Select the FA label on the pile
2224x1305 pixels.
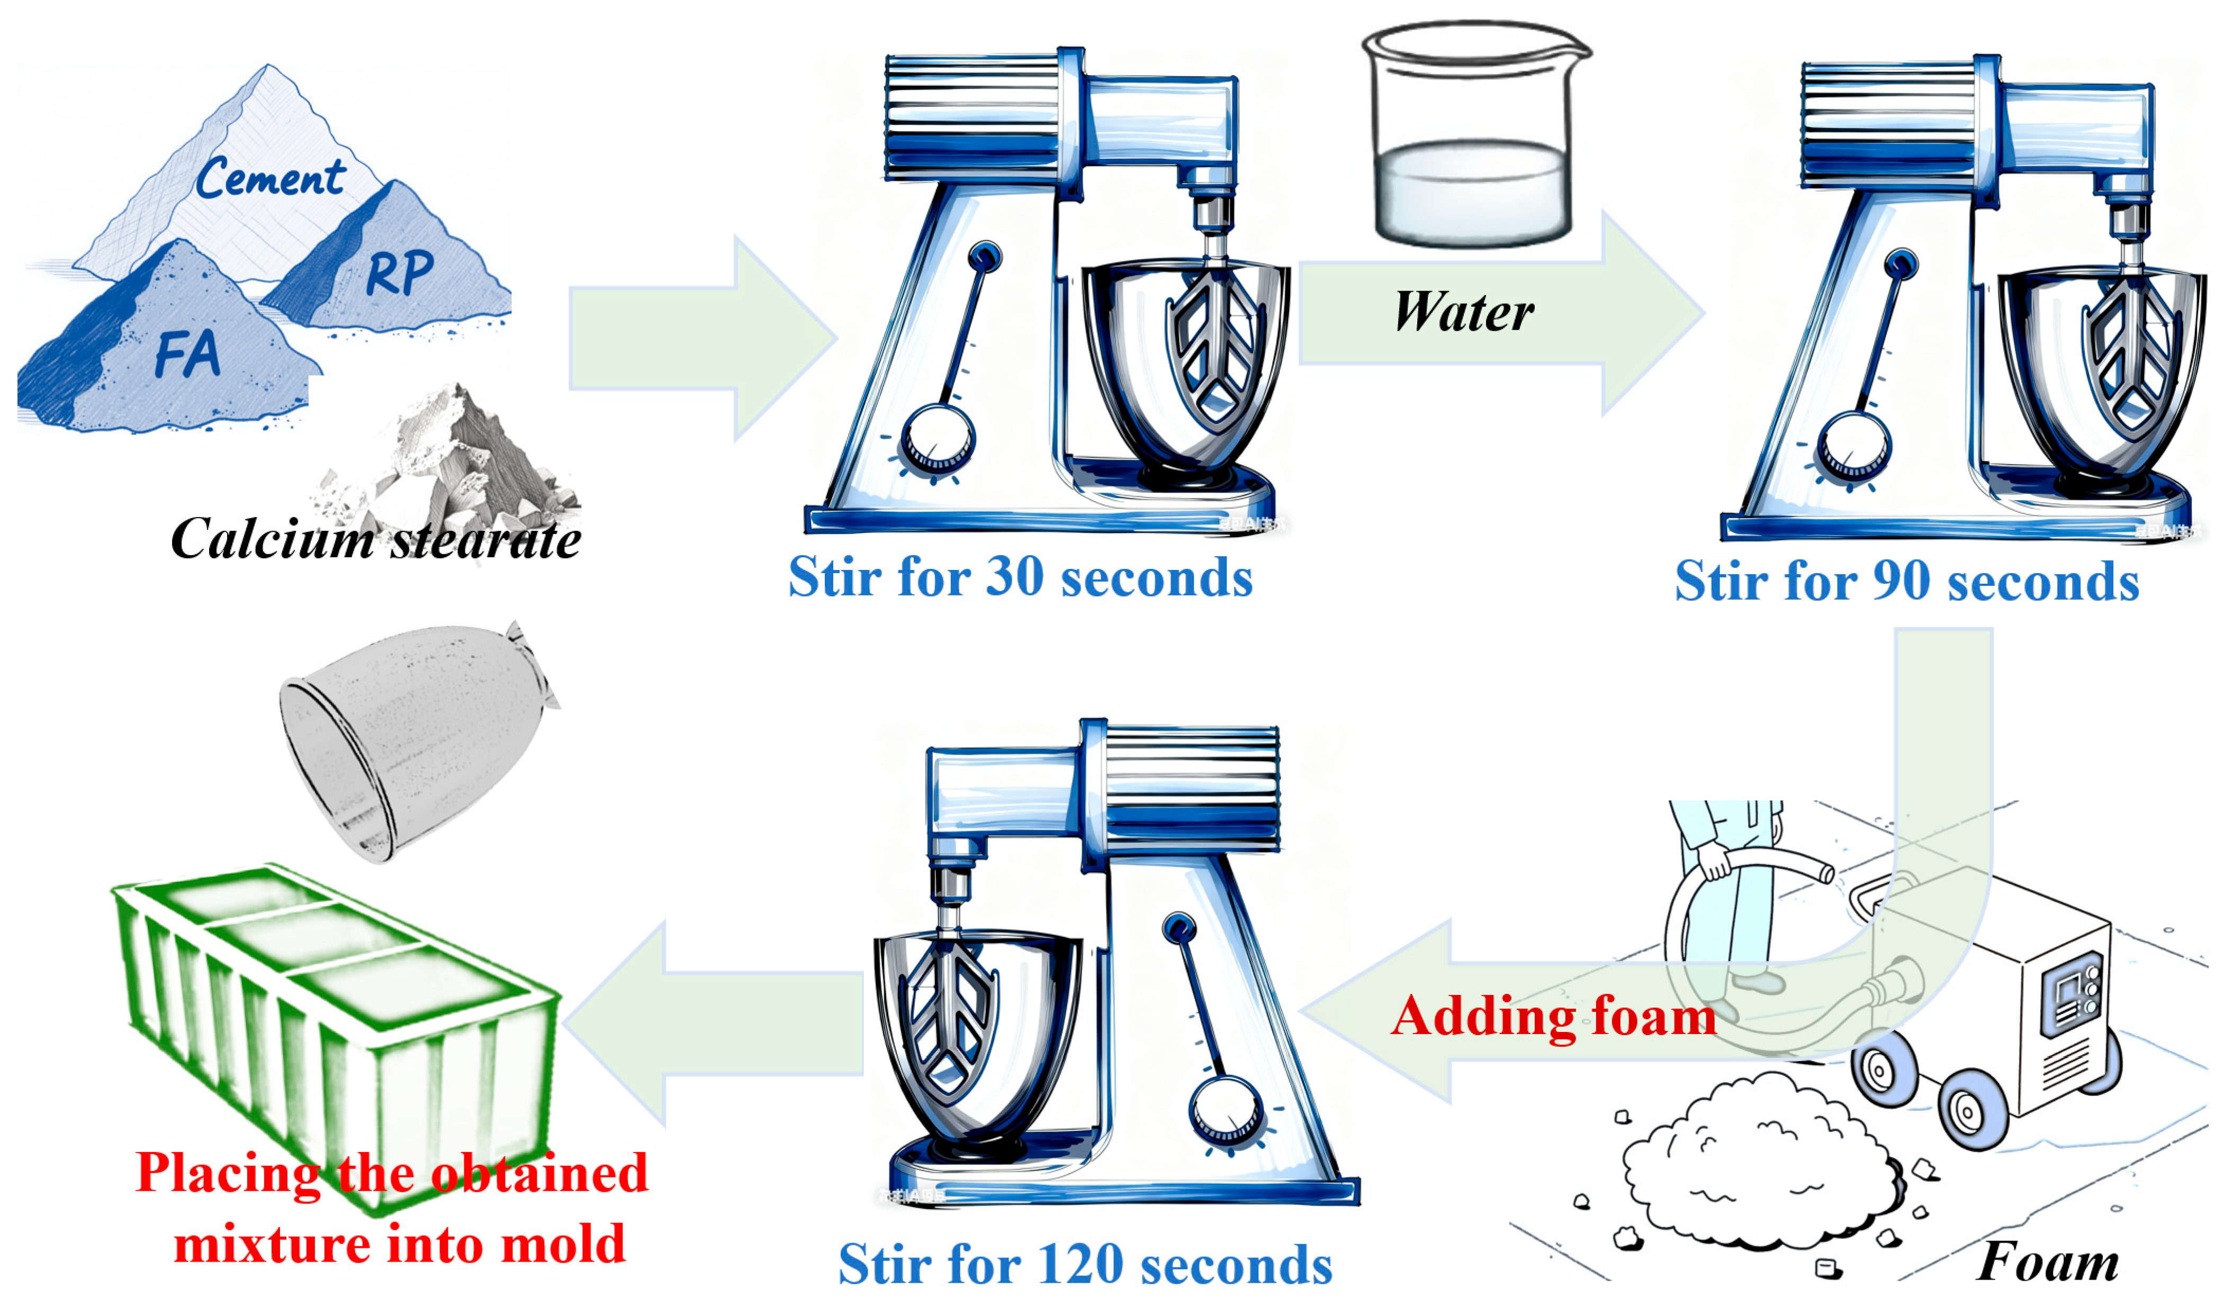click(x=187, y=354)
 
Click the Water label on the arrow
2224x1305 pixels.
click(x=1463, y=312)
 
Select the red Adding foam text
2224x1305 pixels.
click(x=1553, y=1017)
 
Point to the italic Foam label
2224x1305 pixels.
click(x=2048, y=1262)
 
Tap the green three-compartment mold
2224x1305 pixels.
click(x=335, y=1014)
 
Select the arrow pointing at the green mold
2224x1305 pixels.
click(x=715, y=1023)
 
